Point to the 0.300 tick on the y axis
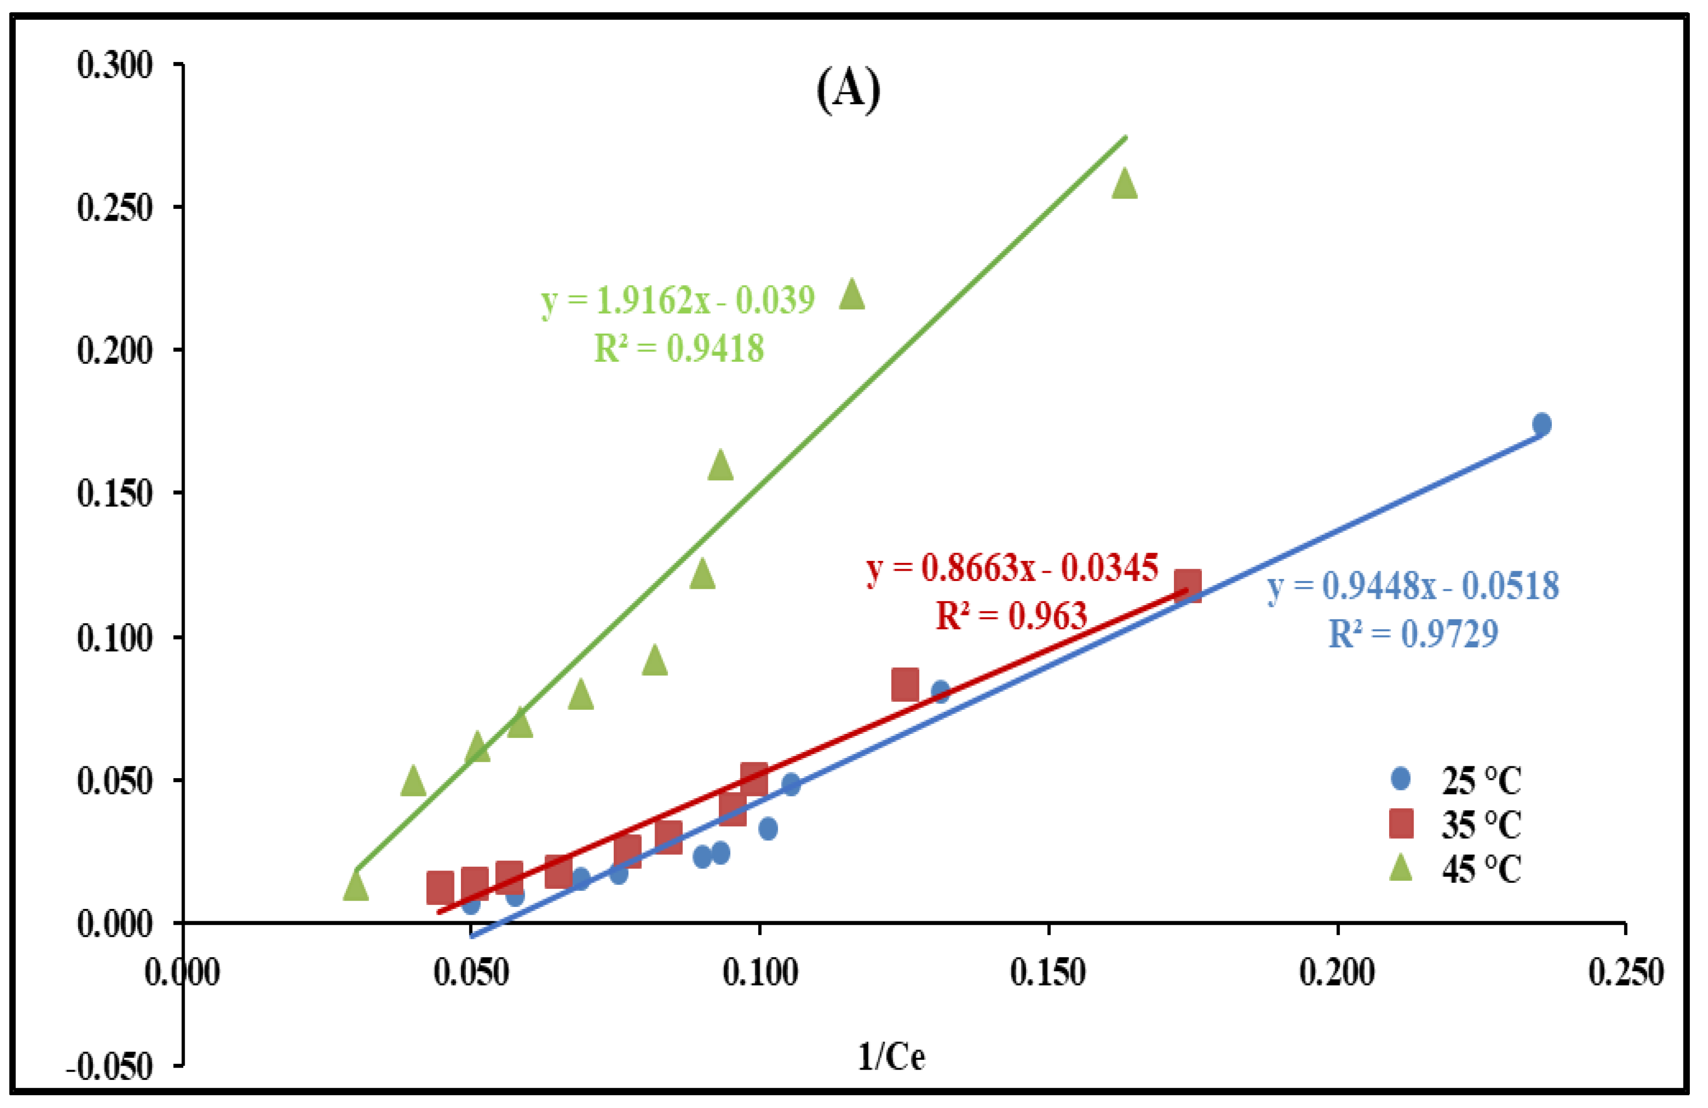tap(115, 65)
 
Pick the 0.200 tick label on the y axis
tap(115, 350)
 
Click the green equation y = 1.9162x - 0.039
tap(678, 300)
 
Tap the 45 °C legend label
tap(1480, 870)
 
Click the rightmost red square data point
tap(1188, 586)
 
